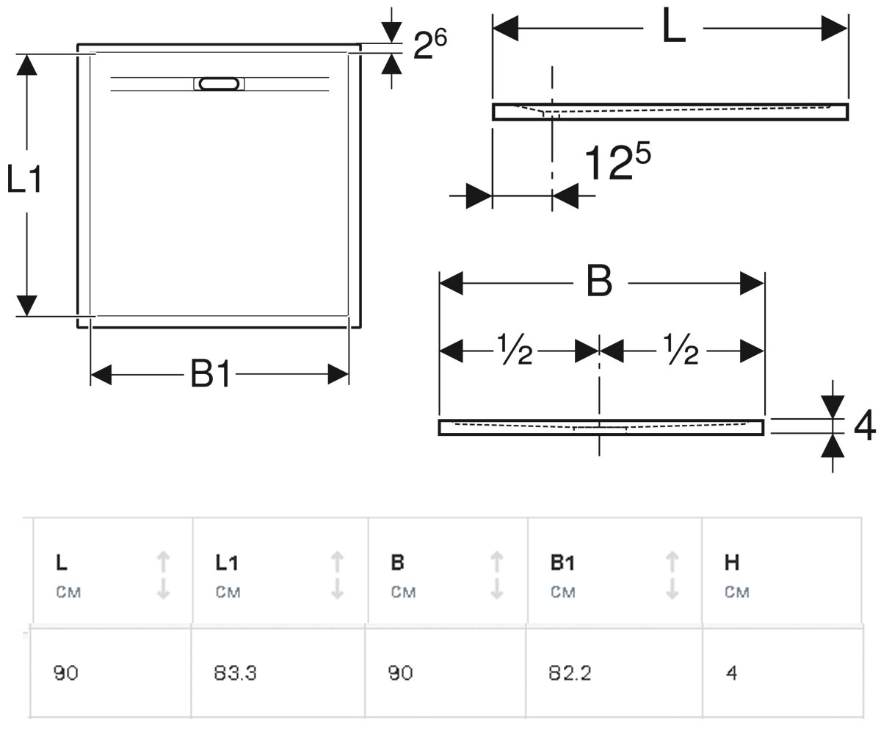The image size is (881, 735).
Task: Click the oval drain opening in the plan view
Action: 219,84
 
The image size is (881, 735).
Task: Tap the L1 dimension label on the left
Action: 24,179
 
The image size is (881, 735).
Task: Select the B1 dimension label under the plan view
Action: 210,373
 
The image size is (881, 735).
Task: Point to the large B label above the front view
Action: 599,281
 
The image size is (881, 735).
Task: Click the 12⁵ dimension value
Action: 617,161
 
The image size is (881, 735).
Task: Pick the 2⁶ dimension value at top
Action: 430,44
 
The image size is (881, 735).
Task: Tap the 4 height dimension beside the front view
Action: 865,426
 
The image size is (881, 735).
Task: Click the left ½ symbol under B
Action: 514,349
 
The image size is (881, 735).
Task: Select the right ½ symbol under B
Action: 680,349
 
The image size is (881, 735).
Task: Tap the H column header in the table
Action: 732,563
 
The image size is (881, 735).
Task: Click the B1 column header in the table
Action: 563,563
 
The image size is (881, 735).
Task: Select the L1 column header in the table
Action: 227,563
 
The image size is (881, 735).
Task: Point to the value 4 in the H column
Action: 732,673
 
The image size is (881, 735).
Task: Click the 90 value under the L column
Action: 66,673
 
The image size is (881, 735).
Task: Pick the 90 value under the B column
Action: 400,673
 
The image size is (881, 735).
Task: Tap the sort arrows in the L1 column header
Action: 337,576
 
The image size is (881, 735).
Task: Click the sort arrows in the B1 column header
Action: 672,576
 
